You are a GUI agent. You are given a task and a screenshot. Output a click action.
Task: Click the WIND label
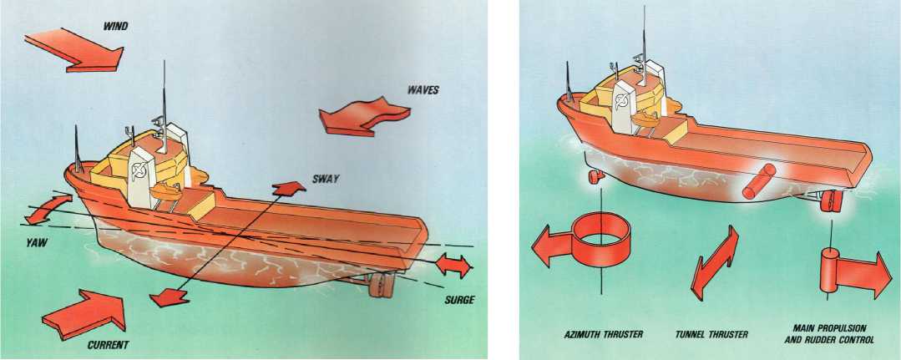115,26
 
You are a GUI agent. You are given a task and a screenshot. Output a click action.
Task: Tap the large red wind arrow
73,51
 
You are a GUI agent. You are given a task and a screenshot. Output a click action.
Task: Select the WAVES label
423,90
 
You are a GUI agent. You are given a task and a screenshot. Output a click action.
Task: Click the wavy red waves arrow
364,117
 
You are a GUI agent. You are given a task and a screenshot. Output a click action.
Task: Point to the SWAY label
325,180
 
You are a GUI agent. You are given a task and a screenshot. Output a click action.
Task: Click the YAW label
36,243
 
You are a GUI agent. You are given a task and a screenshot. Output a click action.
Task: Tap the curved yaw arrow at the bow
48,210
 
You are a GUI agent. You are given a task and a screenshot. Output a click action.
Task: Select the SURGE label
460,300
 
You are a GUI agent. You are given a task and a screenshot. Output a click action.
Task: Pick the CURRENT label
108,345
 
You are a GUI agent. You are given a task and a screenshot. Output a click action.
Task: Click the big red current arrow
84,314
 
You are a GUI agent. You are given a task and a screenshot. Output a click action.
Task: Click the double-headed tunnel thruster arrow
714,263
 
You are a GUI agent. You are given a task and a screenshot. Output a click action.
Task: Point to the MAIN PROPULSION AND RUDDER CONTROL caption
829,335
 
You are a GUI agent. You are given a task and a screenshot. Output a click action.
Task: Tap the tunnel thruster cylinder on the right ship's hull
758,181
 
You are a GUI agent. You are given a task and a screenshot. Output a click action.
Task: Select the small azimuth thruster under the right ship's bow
595,176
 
